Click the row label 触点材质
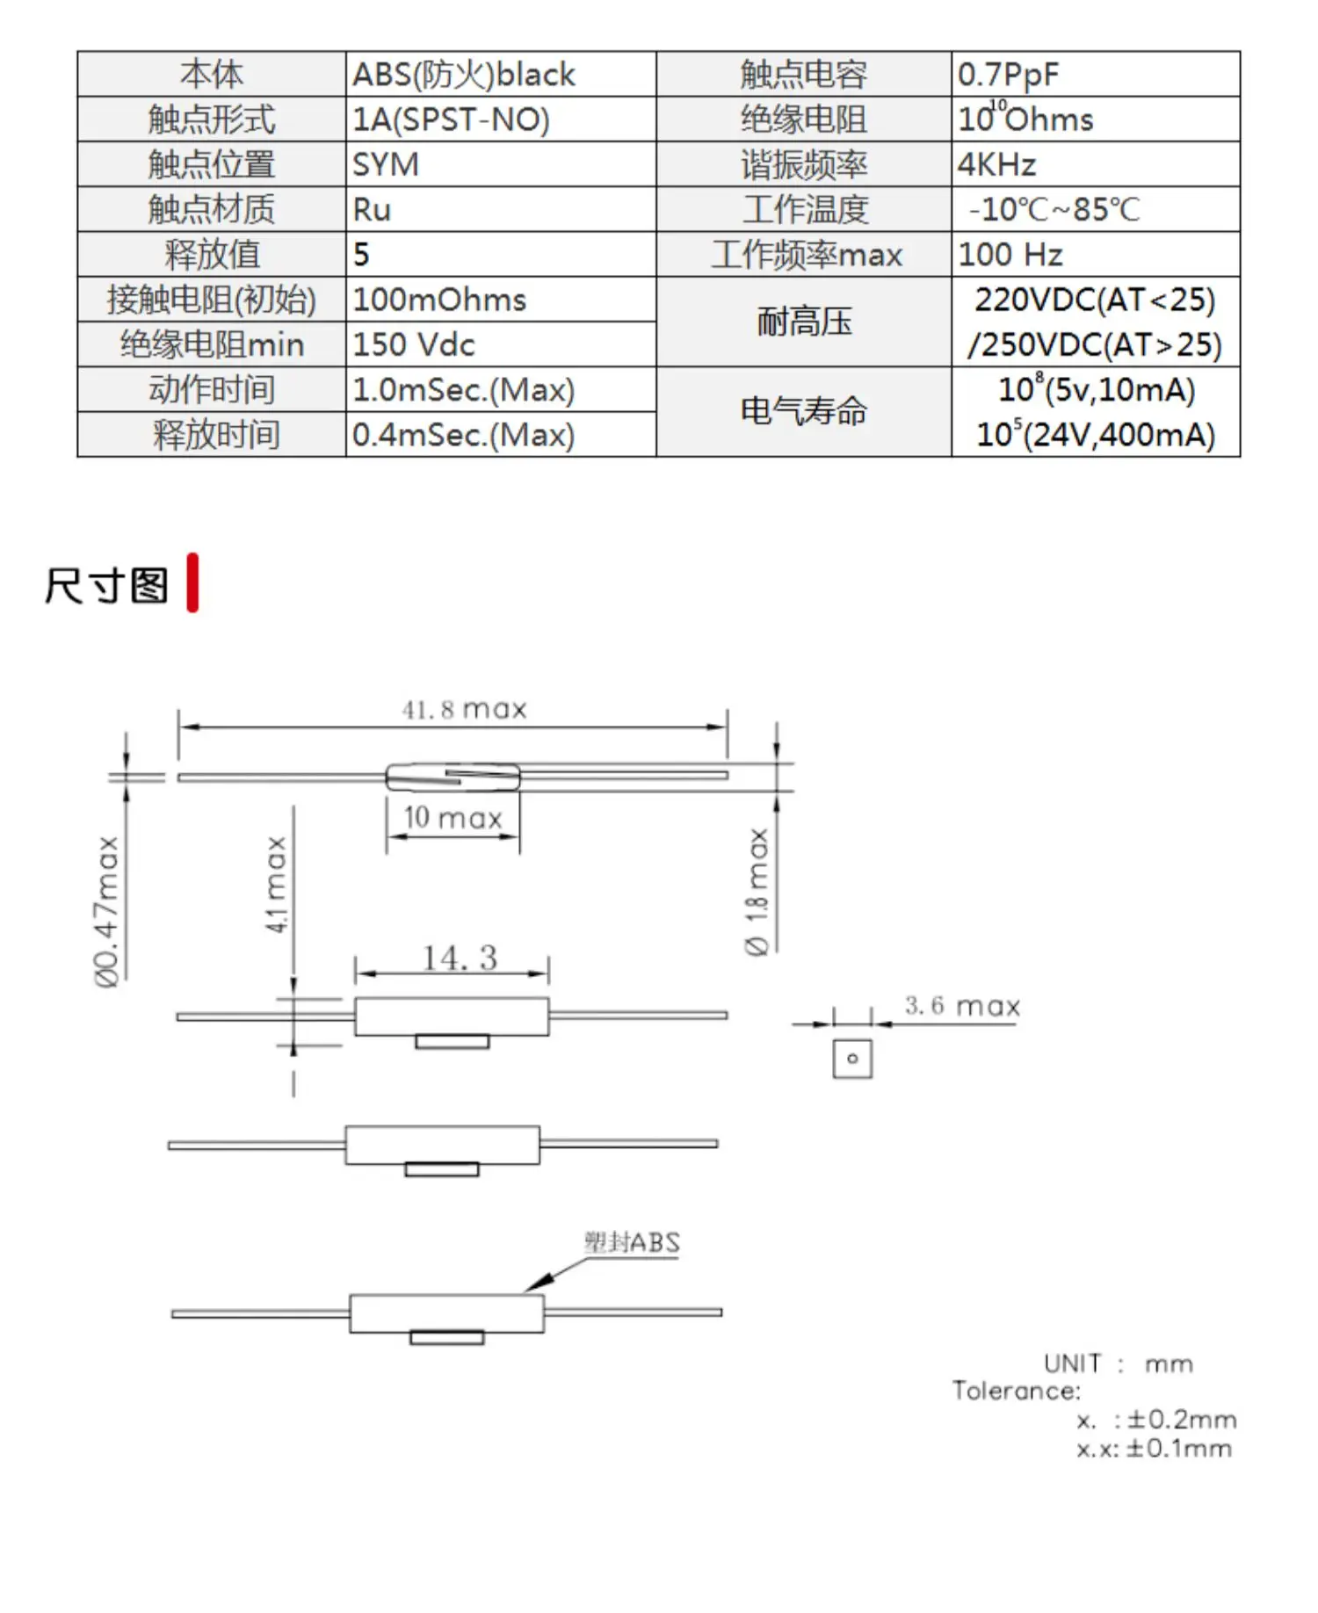coord(211,209)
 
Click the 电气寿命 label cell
coord(803,411)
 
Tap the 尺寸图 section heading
coord(106,585)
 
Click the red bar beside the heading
coord(192,582)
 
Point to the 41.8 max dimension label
coord(464,709)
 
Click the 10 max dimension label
coord(453,818)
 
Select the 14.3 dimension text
coord(460,958)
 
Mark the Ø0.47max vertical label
coord(107,911)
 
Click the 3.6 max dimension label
coord(962,1006)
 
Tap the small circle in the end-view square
coord(851,1059)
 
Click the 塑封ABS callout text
coord(632,1242)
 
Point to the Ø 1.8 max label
coord(757,892)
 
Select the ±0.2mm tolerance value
coord(1182,1420)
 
